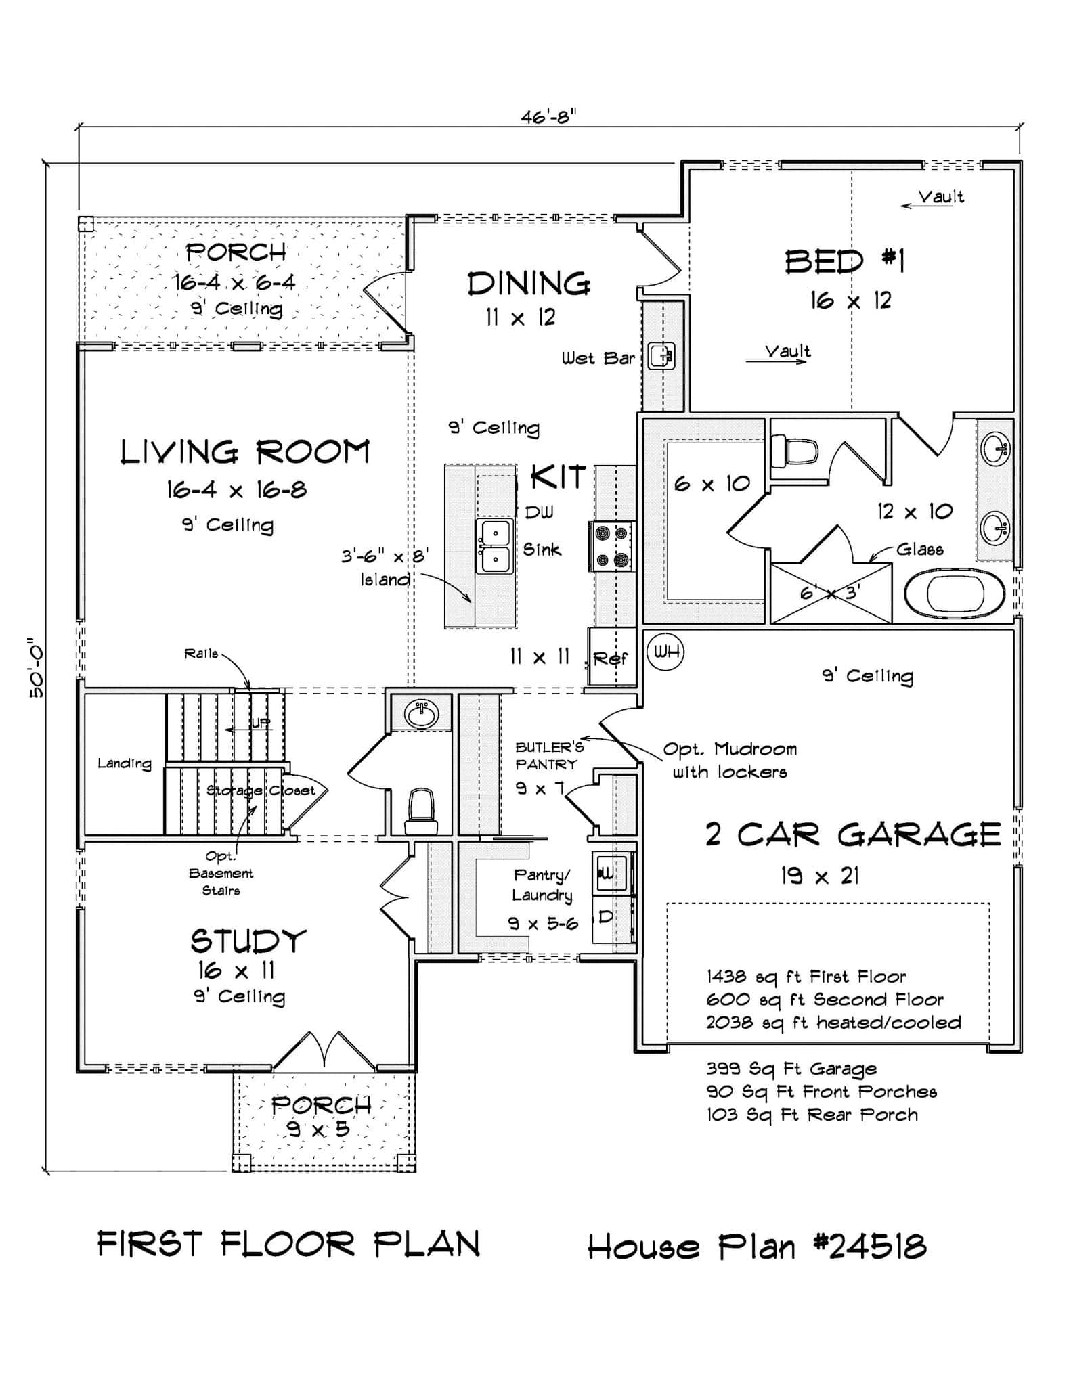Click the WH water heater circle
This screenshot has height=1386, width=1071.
click(665, 652)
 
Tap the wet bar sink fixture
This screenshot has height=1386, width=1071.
click(661, 355)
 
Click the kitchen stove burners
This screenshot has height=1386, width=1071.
click(611, 546)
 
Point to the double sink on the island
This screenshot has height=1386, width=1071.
click(496, 546)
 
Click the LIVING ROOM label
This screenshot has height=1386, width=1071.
click(245, 452)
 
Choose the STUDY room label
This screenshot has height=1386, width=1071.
click(248, 941)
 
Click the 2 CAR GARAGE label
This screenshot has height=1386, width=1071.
click(852, 834)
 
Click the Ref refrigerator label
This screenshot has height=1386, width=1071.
click(611, 658)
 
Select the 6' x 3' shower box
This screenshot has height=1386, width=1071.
click(830, 593)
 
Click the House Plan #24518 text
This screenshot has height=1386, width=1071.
click(756, 1246)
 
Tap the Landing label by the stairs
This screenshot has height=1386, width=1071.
click(124, 763)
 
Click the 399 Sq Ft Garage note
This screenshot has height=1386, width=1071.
click(791, 1069)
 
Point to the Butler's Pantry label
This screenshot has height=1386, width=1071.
click(548, 755)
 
